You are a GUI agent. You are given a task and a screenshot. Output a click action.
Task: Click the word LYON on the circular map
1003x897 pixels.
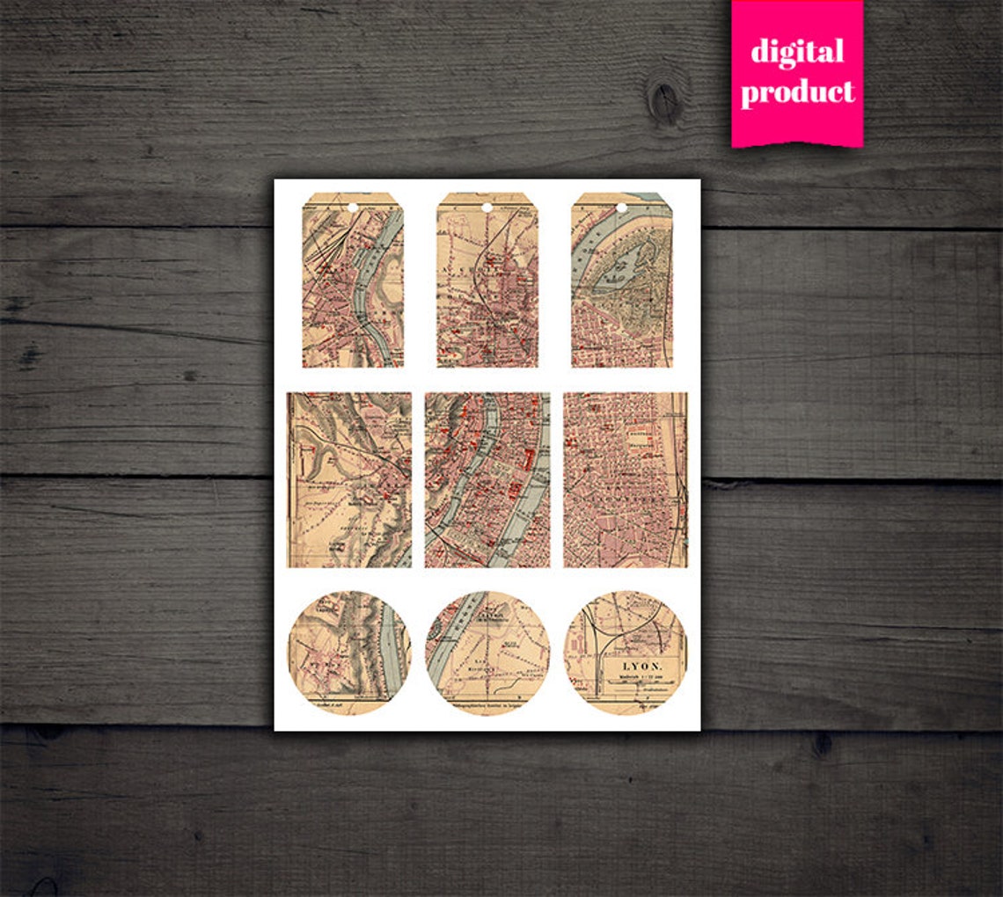click(641, 667)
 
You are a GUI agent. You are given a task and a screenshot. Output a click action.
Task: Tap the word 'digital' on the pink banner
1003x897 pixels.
click(797, 52)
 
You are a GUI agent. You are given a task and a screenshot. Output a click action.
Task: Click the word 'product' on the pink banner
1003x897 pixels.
click(797, 91)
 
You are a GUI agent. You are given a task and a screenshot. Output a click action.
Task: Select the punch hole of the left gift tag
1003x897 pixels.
click(352, 208)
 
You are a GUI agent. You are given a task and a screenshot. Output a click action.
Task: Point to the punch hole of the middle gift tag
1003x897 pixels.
click(487, 208)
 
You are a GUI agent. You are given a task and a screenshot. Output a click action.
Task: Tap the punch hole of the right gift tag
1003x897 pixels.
click(621, 208)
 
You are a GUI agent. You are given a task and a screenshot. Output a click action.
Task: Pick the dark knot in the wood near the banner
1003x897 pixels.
click(664, 101)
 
